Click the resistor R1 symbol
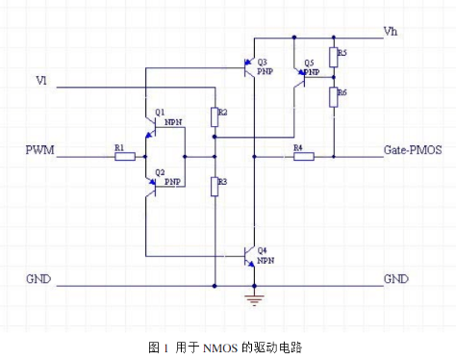click(x=124, y=154)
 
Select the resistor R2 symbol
click(x=214, y=117)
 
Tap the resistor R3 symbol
click(x=214, y=184)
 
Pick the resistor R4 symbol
click(x=299, y=154)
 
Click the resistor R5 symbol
click(x=333, y=57)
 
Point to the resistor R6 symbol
click(x=333, y=96)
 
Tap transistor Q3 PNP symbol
click(x=248, y=67)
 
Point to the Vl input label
click(x=40, y=79)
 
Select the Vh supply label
click(x=390, y=31)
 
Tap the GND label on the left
click(x=40, y=279)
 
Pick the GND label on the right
click(x=395, y=279)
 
